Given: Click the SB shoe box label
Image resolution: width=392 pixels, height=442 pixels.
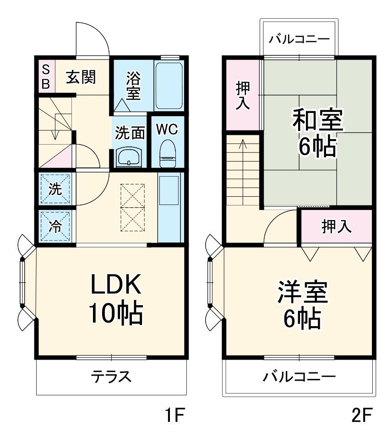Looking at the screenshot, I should coord(45,76).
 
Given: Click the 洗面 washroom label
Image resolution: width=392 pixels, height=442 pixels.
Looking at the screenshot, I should coord(130,133).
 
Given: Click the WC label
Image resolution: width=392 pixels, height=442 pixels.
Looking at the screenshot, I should coord(167,130).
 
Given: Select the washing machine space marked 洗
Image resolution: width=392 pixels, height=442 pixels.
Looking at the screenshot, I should coord(55,189).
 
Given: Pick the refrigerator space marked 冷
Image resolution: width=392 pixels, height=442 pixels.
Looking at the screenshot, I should coord(55,226).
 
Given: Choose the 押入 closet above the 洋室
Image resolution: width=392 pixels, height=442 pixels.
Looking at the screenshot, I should coord(336,226).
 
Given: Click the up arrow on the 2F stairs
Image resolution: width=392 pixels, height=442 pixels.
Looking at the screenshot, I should coord(242,146).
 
